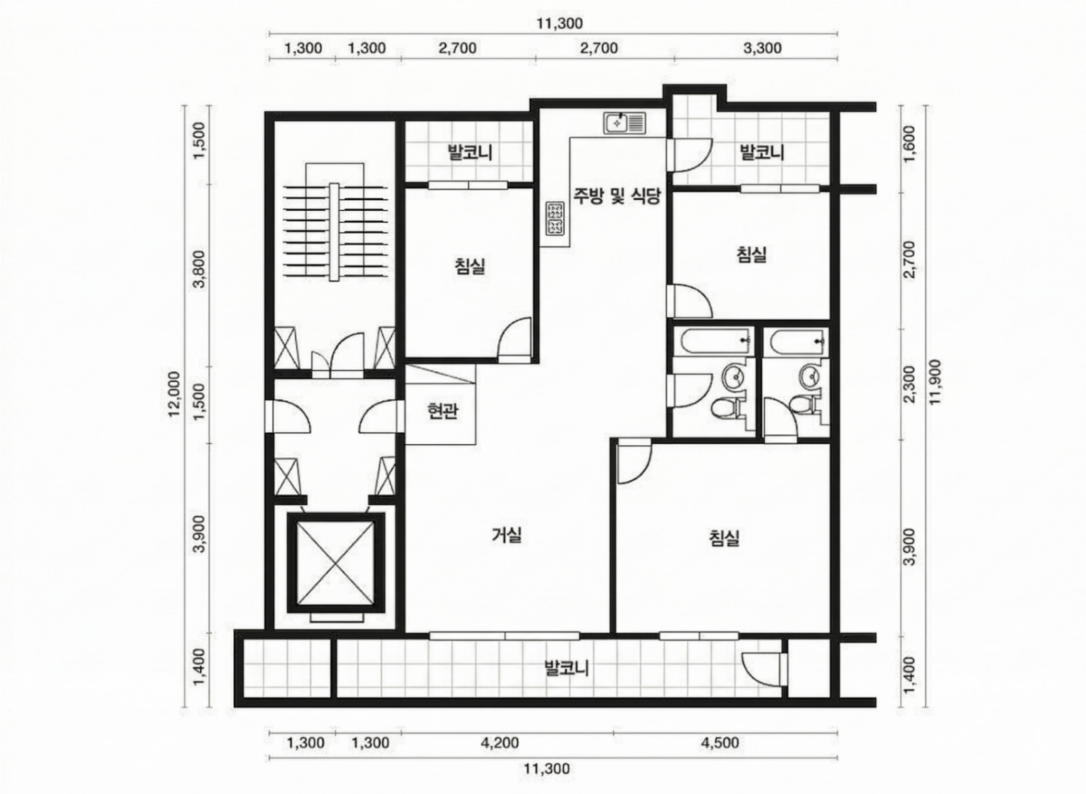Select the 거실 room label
[507, 535]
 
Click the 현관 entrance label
[442, 411]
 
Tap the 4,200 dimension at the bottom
[500, 743]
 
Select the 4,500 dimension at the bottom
[720, 743]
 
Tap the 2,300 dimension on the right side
[910, 385]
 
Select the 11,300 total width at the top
[560, 23]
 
